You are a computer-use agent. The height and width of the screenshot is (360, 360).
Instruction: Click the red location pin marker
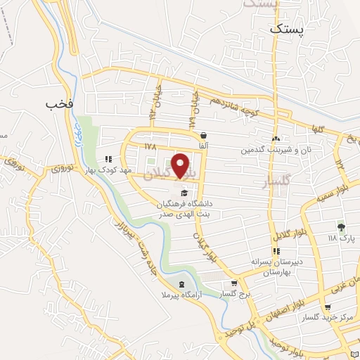coord(181,166)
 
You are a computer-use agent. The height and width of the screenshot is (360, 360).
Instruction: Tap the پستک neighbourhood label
coord(288,31)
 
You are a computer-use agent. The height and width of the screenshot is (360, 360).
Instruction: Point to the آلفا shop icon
coord(203,135)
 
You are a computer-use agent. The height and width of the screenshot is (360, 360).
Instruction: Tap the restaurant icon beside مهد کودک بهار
coord(108,160)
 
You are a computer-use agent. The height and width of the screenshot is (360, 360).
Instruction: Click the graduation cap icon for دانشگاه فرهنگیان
coord(184,193)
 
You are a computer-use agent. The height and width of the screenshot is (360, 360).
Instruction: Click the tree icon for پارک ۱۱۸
coord(341,226)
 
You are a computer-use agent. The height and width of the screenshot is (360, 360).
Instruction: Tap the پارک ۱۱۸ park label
coord(342,238)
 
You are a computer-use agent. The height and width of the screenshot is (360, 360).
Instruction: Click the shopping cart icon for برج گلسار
coord(233,285)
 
